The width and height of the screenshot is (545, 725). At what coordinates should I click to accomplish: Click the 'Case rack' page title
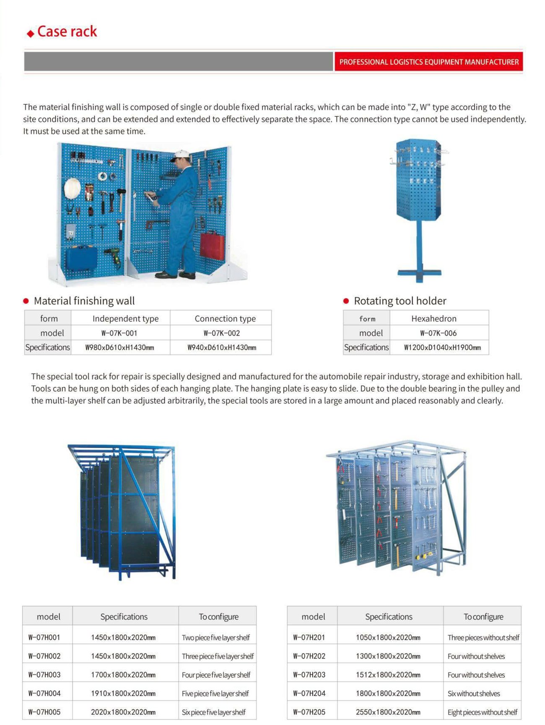pyautogui.click(x=67, y=31)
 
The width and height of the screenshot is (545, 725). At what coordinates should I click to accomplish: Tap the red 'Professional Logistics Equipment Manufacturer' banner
pyautogui.click(x=428, y=62)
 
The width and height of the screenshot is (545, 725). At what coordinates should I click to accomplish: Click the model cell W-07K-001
pyautogui.click(x=119, y=333)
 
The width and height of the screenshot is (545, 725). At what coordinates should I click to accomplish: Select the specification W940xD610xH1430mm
pyautogui.click(x=221, y=347)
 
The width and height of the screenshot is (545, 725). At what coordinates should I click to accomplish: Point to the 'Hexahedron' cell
pyautogui.click(x=434, y=318)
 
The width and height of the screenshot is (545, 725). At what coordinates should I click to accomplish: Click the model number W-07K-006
pyautogui.click(x=438, y=333)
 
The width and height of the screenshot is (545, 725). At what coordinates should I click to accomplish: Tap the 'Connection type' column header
pyautogui.click(x=225, y=318)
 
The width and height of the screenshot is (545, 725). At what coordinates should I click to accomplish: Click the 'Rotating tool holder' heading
pyautogui.click(x=400, y=301)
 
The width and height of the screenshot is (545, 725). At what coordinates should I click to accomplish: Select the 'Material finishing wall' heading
pyautogui.click(x=84, y=301)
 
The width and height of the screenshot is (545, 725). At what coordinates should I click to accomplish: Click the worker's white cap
pyautogui.click(x=180, y=155)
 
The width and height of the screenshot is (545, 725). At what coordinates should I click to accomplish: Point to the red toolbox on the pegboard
pyautogui.click(x=213, y=246)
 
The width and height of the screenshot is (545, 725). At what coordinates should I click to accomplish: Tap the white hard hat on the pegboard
pyautogui.click(x=72, y=188)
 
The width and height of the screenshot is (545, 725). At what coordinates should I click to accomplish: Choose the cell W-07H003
pyautogui.click(x=44, y=675)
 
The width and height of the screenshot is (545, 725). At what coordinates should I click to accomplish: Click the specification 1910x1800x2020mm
pyautogui.click(x=123, y=694)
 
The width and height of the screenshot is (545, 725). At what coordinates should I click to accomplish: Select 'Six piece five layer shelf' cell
pyautogui.click(x=213, y=712)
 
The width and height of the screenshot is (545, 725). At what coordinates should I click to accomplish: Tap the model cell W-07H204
pyautogui.click(x=309, y=694)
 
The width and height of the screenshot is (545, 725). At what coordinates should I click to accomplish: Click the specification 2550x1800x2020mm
pyautogui.click(x=388, y=712)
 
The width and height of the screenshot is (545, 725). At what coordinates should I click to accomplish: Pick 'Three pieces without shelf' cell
pyautogui.click(x=483, y=638)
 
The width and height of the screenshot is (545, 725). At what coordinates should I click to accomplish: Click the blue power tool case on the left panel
pyautogui.click(x=81, y=258)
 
